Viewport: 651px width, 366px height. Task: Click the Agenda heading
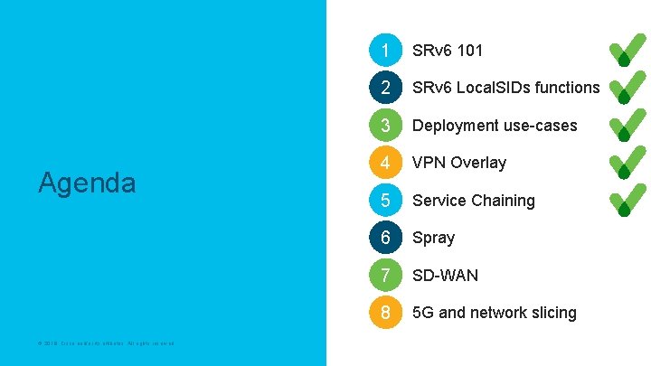click(x=87, y=183)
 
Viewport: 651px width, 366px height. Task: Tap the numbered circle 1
click(x=385, y=50)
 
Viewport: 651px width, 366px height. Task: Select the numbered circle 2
click(x=385, y=88)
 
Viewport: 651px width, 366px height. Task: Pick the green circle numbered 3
click(x=385, y=125)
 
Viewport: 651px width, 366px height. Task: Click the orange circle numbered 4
click(x=385, y=163)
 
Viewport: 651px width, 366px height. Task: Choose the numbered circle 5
click(x=385, y=200)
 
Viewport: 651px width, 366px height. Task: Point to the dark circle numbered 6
click(x=385, y=238)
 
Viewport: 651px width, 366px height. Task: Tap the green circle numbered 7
click(x=385, y=275)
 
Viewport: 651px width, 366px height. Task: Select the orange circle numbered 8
click(x=385, y=313)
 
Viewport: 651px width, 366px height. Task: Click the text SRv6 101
click(x=448, y=50)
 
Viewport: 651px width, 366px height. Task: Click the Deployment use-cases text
click(x=495, y=126)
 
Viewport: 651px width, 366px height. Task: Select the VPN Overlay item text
click(x=459, y=163)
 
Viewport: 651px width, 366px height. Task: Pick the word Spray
click(x=434, y=238)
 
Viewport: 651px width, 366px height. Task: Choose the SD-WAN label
click(x=446, y=275)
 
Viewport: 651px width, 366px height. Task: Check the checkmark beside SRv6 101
click(x=627, y=51)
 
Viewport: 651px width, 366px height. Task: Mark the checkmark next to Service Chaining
click(x=627, y=200)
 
